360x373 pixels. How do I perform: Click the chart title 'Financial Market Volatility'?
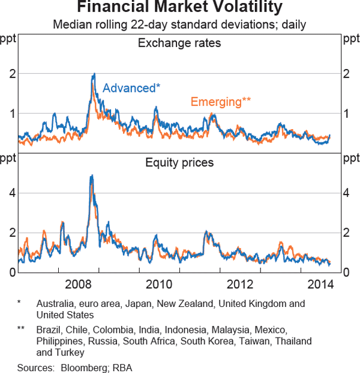click(179, 8)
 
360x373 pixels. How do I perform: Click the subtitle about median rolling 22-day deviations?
click(179, 25)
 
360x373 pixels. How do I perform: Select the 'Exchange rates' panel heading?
click(179, 43)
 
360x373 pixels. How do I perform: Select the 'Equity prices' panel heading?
click(179, 162)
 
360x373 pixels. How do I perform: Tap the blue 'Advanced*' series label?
click(131, 88)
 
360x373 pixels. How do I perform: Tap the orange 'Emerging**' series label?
click(221, 102)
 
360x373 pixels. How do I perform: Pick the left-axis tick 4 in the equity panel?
click(11, 193)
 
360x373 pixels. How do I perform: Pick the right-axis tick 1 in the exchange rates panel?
click(347, 114)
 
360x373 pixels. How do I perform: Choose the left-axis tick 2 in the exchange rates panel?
click(11, 74)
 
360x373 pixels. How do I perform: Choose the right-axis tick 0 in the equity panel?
click(347, 273)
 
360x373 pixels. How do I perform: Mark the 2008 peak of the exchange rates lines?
click(94, 74)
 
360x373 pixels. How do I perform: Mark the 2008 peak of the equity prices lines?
click(91, 175)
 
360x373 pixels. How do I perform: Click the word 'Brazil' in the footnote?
click(49, 330)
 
